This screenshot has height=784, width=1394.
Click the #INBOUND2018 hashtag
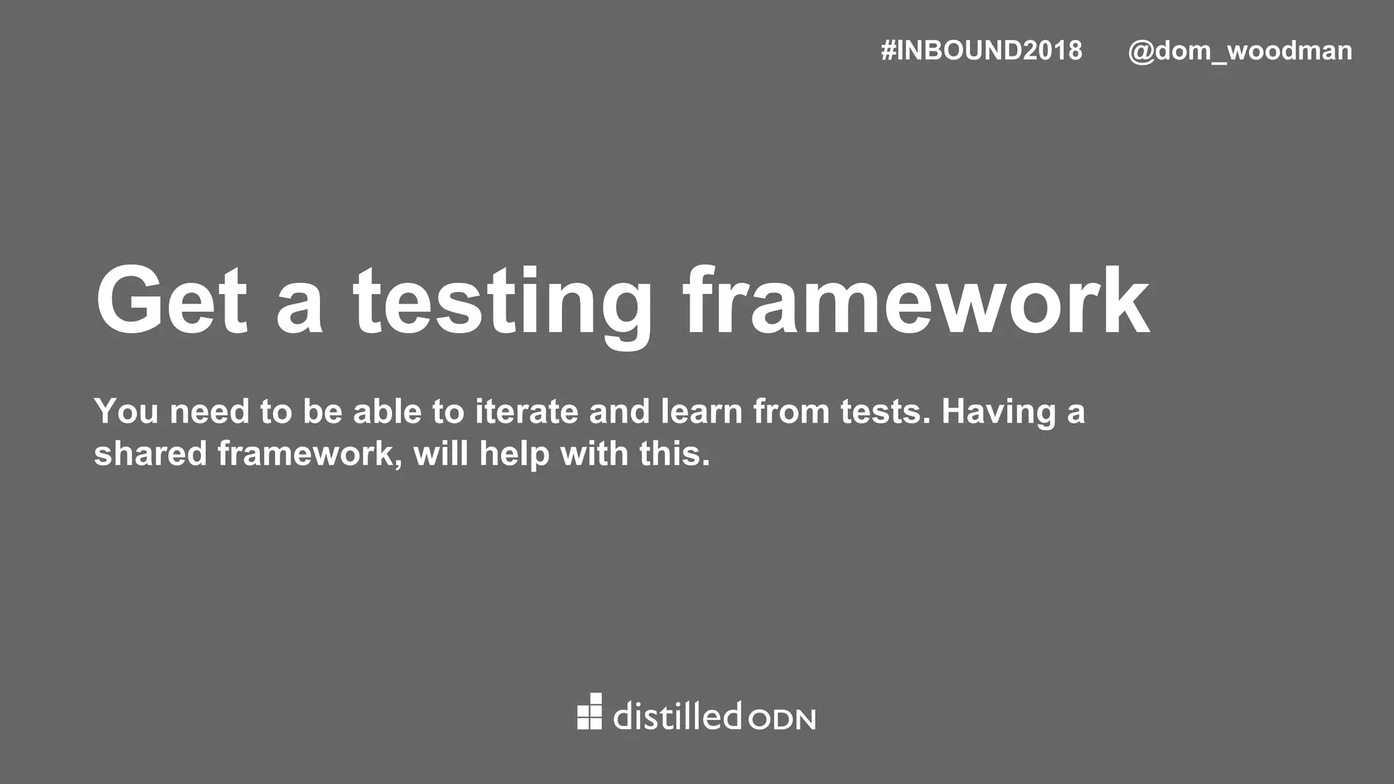[981, 51]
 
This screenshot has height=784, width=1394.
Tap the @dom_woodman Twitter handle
[1239, 51]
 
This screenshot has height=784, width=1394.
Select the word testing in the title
[502, 304]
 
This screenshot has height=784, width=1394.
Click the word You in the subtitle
[127, 411]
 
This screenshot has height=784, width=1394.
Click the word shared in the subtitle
[150, 453]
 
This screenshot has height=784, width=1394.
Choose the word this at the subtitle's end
[674, 453]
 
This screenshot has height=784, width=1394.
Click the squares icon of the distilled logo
[589, 712]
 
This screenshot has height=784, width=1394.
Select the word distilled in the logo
[677, 716]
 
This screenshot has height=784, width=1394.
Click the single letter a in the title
[299, 310]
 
